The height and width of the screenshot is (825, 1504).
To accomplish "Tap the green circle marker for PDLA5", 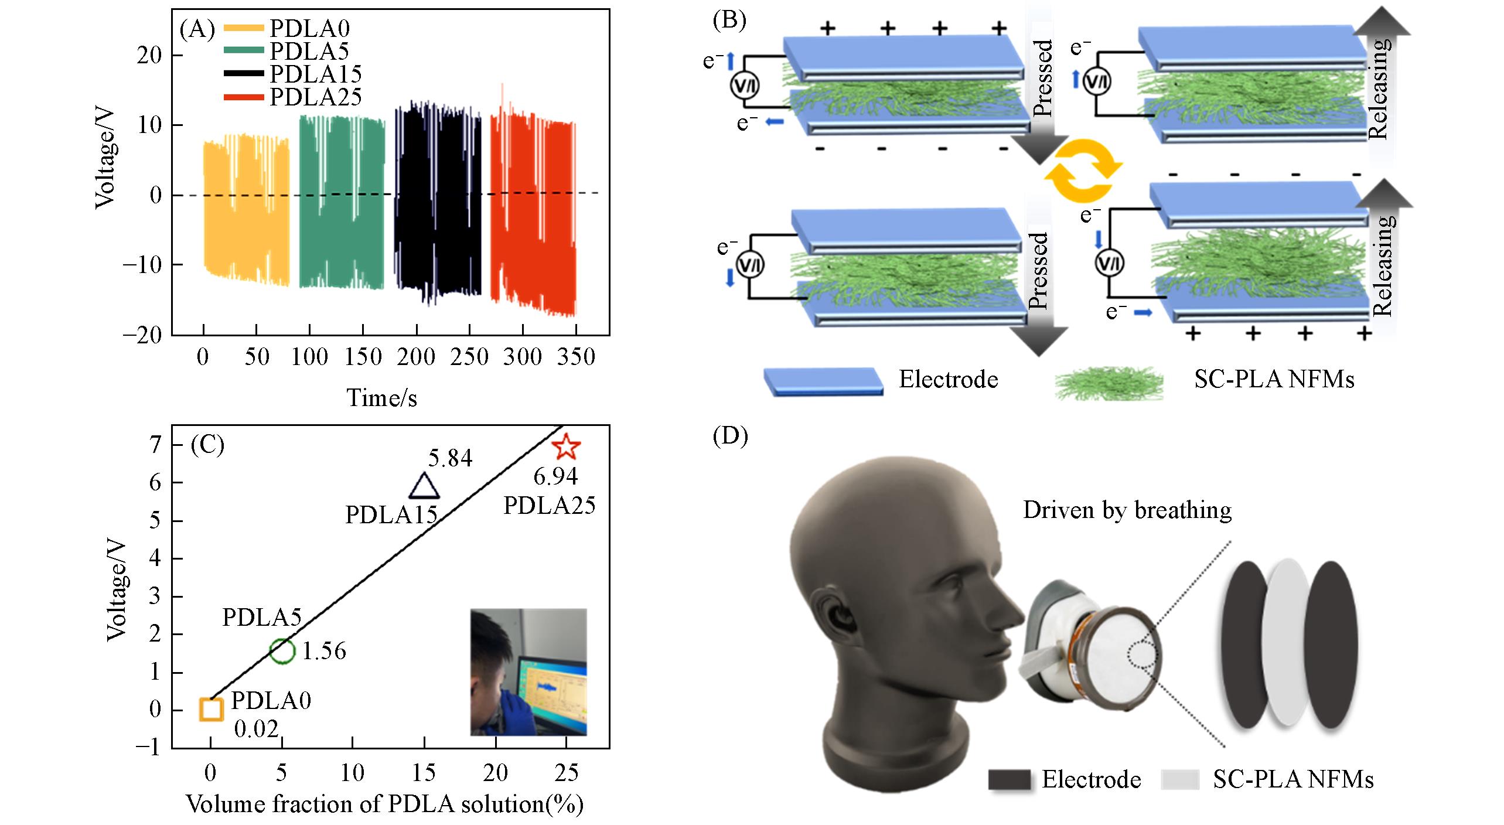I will pos(282,650).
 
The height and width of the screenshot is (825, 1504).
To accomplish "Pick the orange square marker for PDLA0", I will pos(211,709).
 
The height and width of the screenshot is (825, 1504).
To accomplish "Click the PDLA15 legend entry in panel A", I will pos(293,74).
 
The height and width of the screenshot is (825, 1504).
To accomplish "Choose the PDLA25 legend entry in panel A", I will pos(293,97).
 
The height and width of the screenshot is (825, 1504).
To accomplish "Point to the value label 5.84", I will pos(450,459).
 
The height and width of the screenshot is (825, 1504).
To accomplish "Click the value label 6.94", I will pos(555,477).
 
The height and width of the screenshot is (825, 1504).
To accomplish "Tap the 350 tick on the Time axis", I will pos(577,357).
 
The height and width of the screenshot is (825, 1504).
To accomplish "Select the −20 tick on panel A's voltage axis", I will pos(142,335).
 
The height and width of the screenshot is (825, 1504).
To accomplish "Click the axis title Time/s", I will pos(382,398).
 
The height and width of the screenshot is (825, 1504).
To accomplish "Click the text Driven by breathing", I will pos(1127,510).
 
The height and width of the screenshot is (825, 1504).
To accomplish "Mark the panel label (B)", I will pos(729,20).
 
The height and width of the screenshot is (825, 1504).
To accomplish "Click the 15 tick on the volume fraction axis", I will pos(424,773).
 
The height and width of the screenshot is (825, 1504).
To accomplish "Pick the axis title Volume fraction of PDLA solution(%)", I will pos(385,804).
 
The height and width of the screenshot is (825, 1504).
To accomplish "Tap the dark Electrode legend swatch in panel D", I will pos(1009,780).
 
